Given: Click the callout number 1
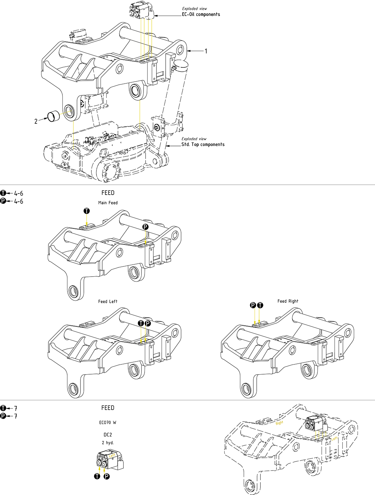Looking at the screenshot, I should tap(206, 51).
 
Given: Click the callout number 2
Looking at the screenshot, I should tap(36, 121).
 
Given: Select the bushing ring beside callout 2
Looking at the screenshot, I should tap(54, 116).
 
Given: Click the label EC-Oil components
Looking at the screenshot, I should tap(201, 14).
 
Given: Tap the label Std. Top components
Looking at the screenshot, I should tap(203, 145).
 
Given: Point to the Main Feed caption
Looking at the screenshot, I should tap(108, 203).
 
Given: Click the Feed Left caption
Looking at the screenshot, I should tap(108, 301).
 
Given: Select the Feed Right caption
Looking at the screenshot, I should tap(288, 301).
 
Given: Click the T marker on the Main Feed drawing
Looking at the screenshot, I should tap(87, 211).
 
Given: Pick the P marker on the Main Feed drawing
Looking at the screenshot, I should tap(146, 227).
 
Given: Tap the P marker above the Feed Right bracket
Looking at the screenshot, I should tap(253, 305).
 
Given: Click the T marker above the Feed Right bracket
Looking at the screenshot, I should tap(260, 305).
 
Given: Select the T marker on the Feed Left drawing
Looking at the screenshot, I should tap(141, 323).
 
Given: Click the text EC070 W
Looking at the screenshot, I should tap(108, 423).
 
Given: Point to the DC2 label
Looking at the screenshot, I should tap(108, 435).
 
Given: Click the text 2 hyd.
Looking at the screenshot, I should tap(108, 443).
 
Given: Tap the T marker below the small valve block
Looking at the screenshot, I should tap(97, 476).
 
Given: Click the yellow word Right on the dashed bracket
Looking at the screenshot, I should tap(280, 423).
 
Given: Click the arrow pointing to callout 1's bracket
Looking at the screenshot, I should tap(194, 51).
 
